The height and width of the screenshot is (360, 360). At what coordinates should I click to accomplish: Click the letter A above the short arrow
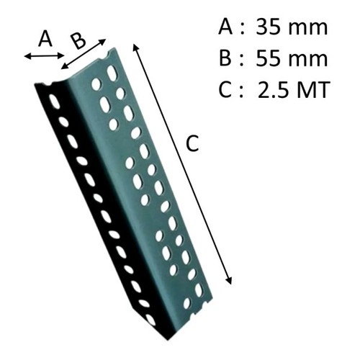(45, 39)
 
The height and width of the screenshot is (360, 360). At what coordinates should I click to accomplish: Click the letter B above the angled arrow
(78, 41)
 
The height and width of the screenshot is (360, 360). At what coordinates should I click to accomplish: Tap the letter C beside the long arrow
(192, 143)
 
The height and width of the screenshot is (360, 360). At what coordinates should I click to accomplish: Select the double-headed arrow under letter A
(44, 56)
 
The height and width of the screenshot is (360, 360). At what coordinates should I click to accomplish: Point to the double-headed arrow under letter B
(83, 54)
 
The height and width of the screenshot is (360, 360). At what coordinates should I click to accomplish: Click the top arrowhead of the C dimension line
(135, 47)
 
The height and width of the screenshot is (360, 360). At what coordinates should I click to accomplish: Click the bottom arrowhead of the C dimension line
(229, 281)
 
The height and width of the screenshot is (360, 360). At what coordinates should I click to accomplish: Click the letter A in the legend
(225, 27)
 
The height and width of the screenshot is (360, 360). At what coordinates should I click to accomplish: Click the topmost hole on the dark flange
(55, 102)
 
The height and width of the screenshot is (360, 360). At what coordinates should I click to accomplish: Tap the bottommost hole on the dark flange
(150, 319)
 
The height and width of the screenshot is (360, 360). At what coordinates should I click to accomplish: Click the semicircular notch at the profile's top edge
(104, 57)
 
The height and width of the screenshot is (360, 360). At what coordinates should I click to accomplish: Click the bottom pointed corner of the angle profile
(168, 339)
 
